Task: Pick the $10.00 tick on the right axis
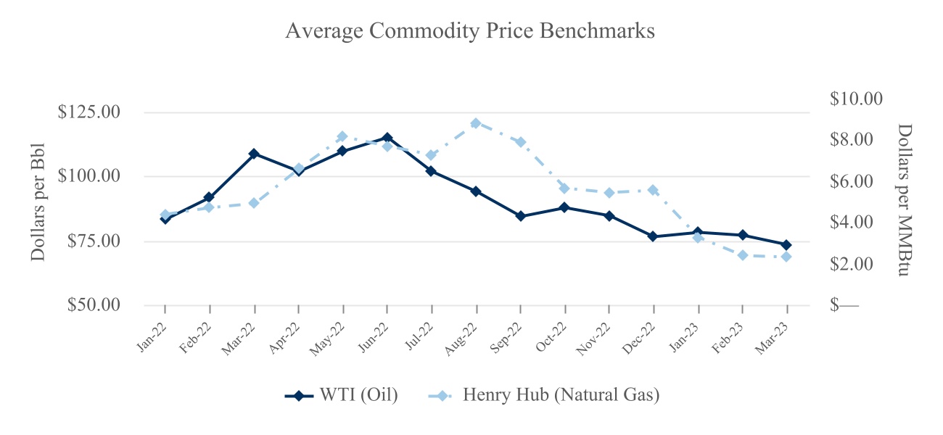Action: [x=856, y=99]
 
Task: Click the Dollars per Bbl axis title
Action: [x=38, y=202]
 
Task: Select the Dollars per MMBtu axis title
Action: [x=904, y=202]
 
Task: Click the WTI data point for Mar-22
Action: [x=254, y=154]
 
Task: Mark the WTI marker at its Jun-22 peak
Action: [x=387, y=138]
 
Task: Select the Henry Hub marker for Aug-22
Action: [x=476, y=123]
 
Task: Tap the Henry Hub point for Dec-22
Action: [x=654, y=190]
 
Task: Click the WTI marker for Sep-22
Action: [x=520, y=216]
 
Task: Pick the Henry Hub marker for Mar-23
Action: [x=786, y=257]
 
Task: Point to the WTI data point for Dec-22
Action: [x=654, y=236]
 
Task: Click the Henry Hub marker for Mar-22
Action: [x=254, y=203]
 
